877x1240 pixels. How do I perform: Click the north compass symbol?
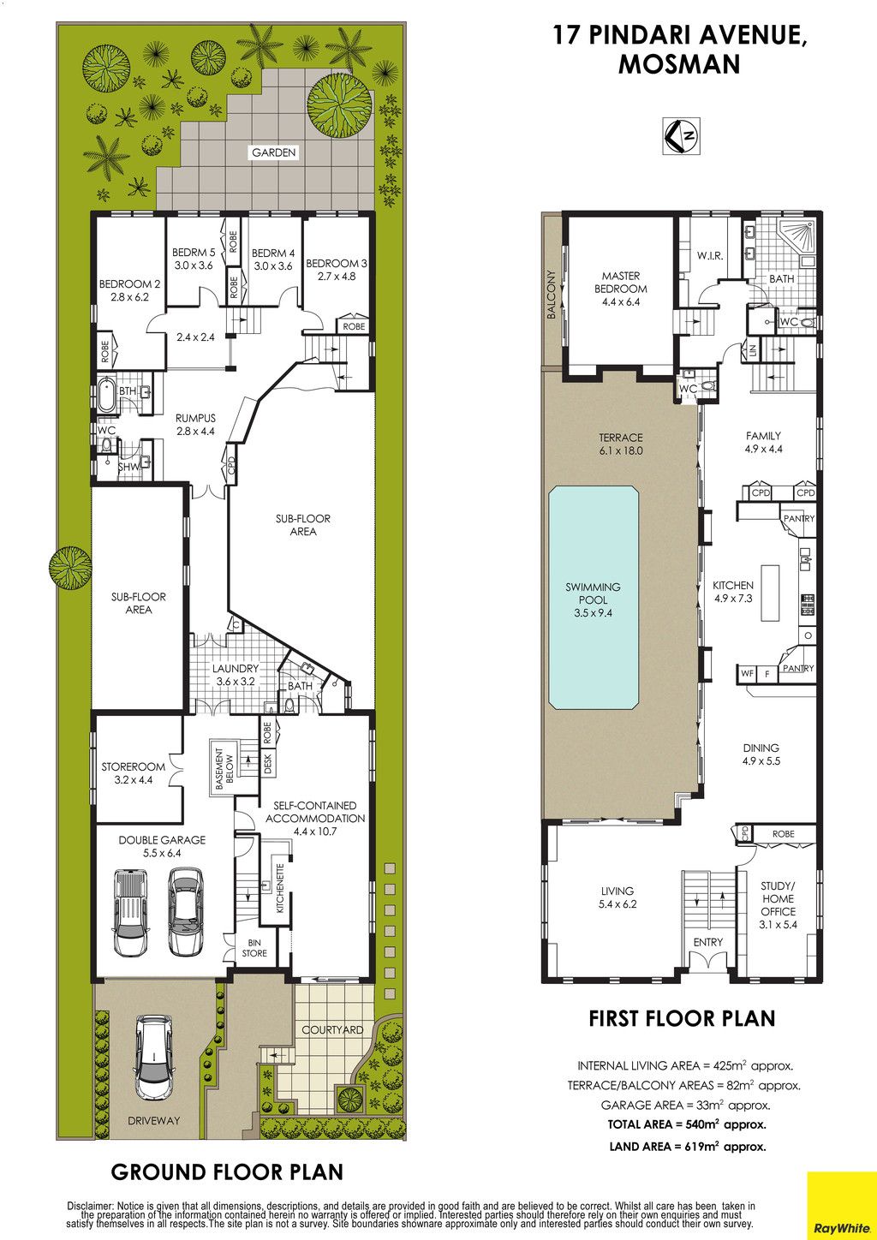[x=682, y=136]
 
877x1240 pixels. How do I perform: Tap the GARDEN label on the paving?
[x=273, y=152]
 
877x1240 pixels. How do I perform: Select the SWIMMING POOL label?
[x=593, y=600]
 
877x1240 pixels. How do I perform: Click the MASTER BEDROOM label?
[x=620, y=289]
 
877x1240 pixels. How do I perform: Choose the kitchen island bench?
[x=769, y=593]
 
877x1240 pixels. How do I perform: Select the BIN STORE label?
[x=254, y=948]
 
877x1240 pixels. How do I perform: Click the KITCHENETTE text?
[x=280, y=888]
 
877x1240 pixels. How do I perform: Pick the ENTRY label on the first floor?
[x=707, y=942]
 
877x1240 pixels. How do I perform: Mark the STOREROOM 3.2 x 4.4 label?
[x=133, y=772]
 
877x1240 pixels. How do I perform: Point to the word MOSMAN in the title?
[x=679, y=64]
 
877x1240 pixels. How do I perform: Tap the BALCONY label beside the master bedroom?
[x=551, y=295]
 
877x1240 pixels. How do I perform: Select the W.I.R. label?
[x=710, y=256]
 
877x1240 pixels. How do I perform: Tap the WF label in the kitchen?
[x=747, y=674]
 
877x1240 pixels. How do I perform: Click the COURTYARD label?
[x=332, y=1029]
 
